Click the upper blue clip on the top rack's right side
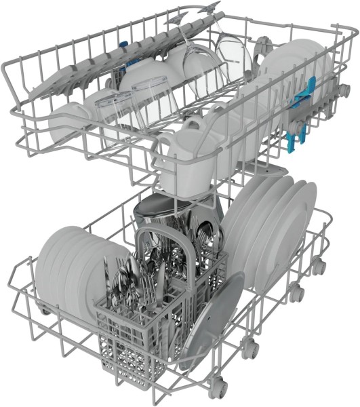[x=311, y=89]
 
